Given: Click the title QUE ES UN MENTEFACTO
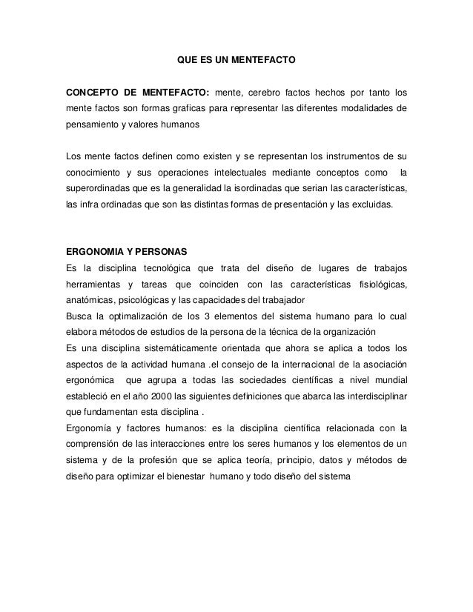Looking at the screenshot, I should (236, 57).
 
